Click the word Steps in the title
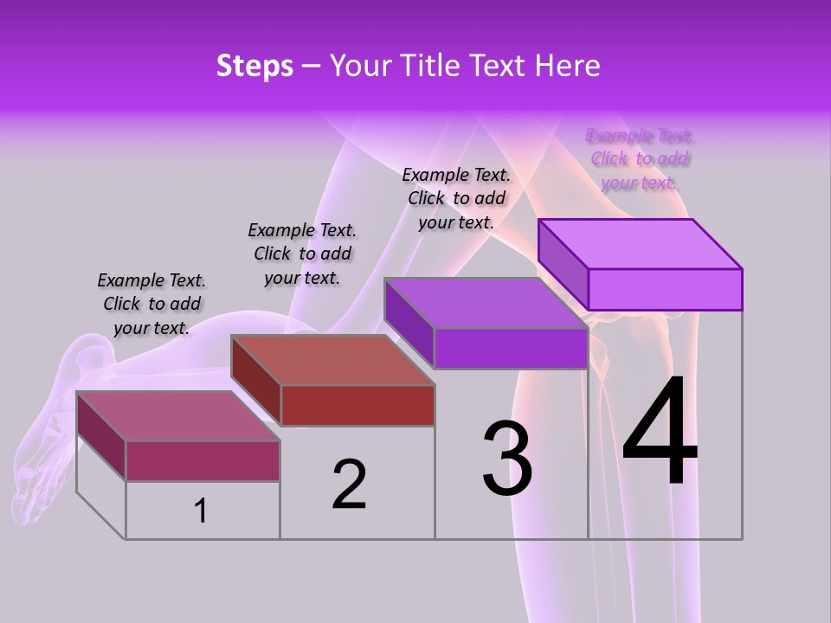[x=254, y=66]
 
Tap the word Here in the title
[x=567, y=66]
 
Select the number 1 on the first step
[x=201, y=511]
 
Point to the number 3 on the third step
[x=507, y=458]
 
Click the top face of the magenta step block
[x=178, y=416]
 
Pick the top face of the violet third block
[x=486, y=303]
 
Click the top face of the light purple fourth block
[x=641, y=244]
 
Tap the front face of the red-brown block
[x=358, y=405]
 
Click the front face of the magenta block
[x=203, y=460]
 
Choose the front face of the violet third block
[x=511, y=349]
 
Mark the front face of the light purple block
[x=665, y=289]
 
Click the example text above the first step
[x=151, y=304]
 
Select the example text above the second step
[x=302, y=254]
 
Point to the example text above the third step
[x=456, y=198]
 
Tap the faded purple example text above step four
[x=640, y=159]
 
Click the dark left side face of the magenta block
[x=101, y=435]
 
